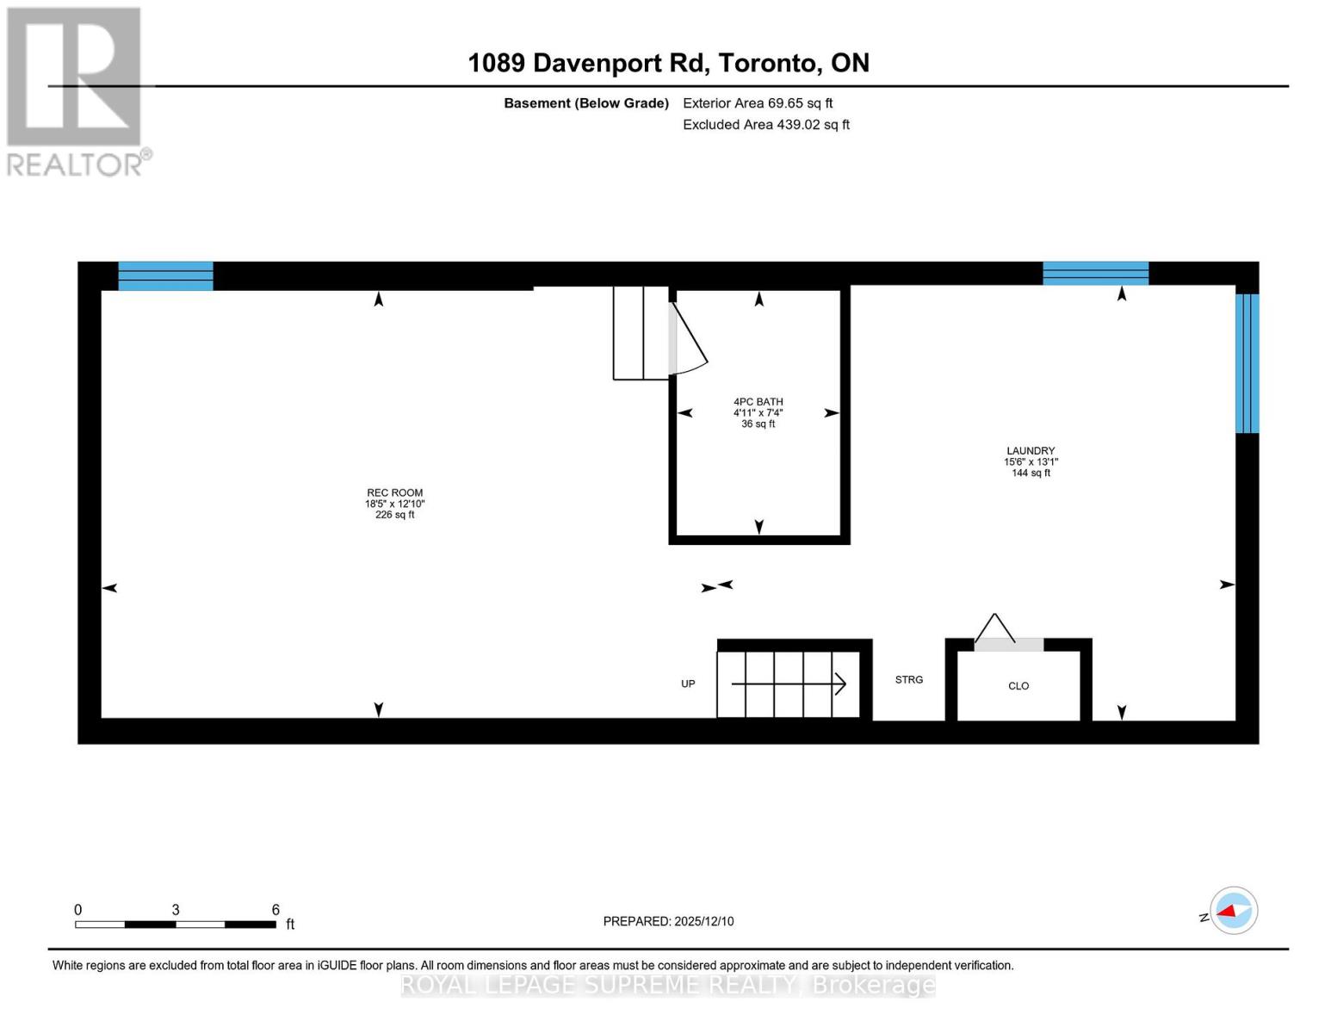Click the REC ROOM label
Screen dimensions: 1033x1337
click(394, 493)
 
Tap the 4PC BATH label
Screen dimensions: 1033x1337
click(758, 402)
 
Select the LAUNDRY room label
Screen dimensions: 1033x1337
click(1031, 451)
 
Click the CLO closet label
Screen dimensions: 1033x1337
click(1018, 686)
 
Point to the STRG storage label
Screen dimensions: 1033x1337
click(908, 680)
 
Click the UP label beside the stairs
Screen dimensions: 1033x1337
click(688, 684)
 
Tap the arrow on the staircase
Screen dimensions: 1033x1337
click(789, 684)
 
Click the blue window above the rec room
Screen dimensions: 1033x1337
click(165, 276)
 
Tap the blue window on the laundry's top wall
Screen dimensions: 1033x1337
click(1095, 273)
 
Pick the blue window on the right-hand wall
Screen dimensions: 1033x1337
click(1247, 363)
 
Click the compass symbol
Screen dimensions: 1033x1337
click(1233, 911)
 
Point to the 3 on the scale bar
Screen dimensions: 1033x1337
click(176, 910)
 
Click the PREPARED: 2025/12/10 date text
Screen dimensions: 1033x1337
click(668, 921)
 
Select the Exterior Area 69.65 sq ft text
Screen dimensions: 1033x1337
click(758, 103)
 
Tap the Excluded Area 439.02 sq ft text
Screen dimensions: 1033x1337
click(766, 125)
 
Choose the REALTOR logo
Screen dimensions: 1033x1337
click(76, 91)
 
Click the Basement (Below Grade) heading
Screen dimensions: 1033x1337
click(585, 103)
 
